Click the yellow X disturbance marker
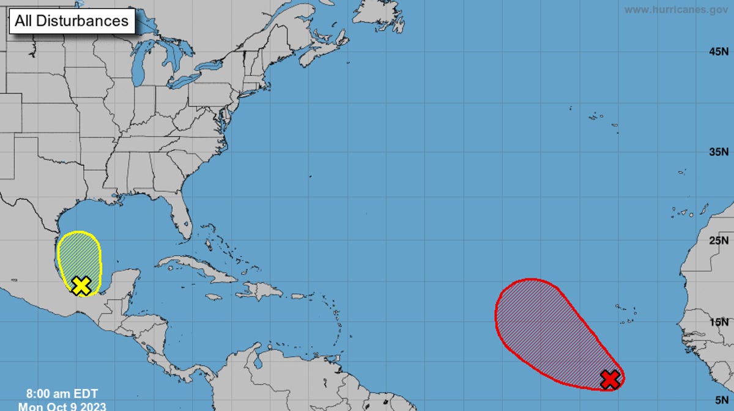[x=81, y=285]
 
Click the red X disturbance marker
[x=610, y=379]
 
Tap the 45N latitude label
[x=718, y=52]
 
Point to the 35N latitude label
[x=718, y=151]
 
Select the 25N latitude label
[x=718, y=240]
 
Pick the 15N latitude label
[x=718, y=322]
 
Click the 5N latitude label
[x=721, y=399]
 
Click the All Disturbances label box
[x=72, y=21]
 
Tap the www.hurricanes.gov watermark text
[x=676, y=10]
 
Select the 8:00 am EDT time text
[x=62, y=393]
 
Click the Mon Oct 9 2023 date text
[x=62, y=406]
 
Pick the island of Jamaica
[x=213, y=297]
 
